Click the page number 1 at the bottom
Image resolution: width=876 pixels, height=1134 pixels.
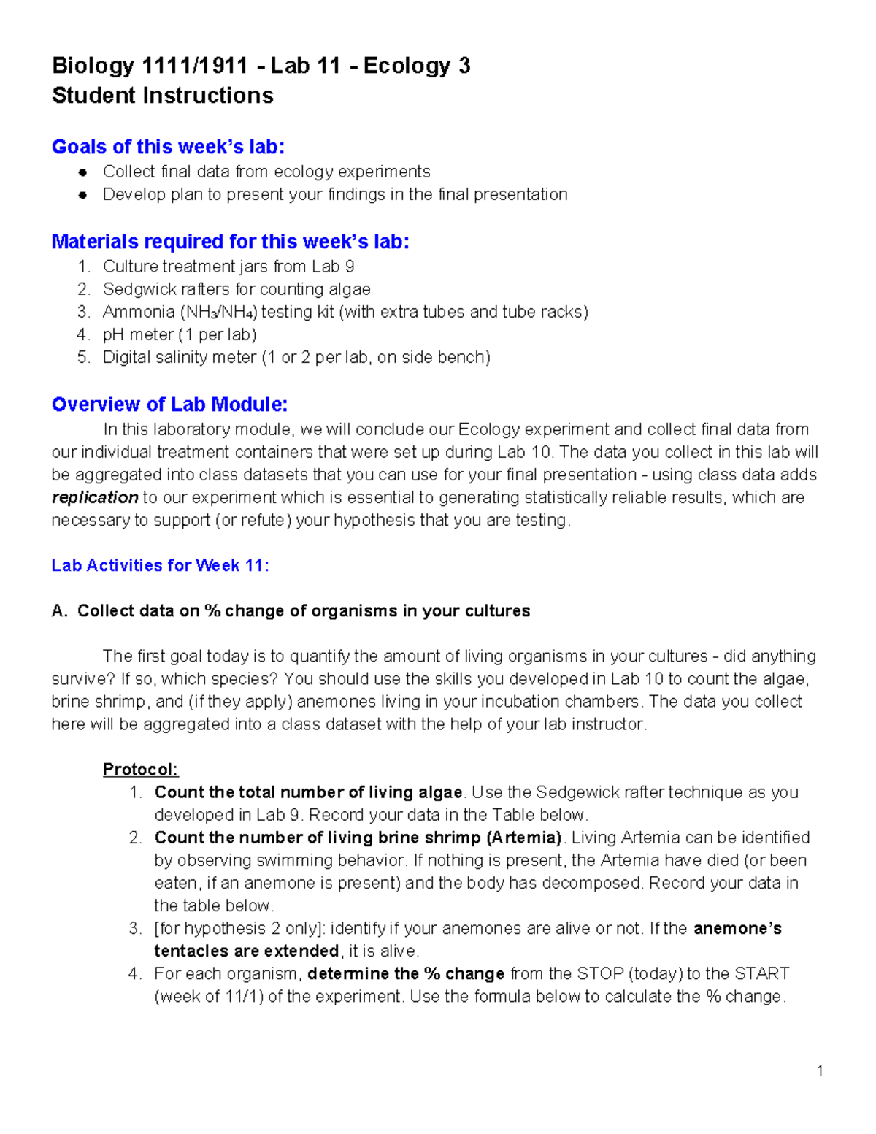[x=820, y=1071]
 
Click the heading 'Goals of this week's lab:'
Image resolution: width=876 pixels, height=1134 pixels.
[x=168, y=147]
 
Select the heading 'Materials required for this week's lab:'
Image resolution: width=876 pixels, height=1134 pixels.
[x=230, y=242]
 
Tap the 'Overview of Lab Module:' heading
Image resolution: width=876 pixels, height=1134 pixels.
[x=169, y=405]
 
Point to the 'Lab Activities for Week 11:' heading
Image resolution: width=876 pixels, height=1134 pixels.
[x=160, y=565]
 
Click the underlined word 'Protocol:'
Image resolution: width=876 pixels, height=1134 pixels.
[x=140, y=770]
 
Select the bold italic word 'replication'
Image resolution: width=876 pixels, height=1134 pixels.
[x=95, y=497]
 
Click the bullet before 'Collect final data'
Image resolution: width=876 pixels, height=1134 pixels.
[x=83, y=172]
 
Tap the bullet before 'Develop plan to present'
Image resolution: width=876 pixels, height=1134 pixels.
[x=83, y=195]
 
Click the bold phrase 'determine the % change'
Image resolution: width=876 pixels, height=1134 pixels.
[x=406, y=974]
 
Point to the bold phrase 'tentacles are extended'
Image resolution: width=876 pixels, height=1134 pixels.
[x=246, y=951]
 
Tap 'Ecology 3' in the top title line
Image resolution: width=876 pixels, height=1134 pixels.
[x=416, y=66]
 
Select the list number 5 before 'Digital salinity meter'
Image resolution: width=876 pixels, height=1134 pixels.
[x=83, y=358]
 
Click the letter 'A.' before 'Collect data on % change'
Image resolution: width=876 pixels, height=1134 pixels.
[x=59, y=611]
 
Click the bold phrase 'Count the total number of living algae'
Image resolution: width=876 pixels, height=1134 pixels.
[x=308, y=792]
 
